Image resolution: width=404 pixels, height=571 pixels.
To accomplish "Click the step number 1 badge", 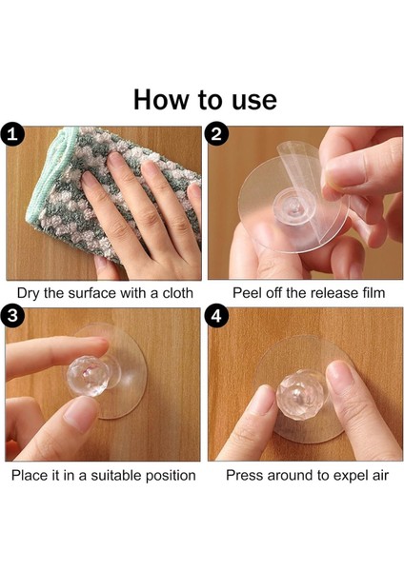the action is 12,135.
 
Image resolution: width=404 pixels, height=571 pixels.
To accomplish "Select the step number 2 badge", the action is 216,134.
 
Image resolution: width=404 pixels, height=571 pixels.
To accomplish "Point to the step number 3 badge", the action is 12,315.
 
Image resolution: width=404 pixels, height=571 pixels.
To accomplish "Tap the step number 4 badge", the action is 216,316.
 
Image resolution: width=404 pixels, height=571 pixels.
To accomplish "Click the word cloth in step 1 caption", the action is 177,293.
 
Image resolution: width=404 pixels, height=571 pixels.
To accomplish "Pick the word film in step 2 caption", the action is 373,293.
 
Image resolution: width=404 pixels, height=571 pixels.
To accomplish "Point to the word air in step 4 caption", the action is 380,475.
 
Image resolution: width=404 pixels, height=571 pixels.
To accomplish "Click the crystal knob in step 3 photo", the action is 87,376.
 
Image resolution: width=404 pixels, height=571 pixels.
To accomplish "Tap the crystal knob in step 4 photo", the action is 297,394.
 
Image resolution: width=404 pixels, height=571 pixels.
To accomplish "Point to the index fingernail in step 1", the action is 114,160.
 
